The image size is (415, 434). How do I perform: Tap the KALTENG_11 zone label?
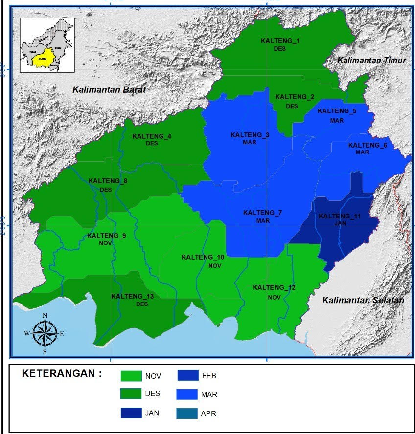[x=340, y=216]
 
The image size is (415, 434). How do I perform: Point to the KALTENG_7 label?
[x=263, y=213]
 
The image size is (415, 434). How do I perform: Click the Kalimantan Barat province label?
[x=109, y=89]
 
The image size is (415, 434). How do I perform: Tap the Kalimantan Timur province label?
[x=372, y=60]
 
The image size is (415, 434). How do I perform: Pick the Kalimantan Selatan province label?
[x=363, y=300]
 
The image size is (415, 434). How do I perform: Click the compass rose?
[x=45, y=334]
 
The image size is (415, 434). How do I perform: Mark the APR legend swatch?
[x=186, y=413]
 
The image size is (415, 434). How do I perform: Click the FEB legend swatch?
[x=186, y=376]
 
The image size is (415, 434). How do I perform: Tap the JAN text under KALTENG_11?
[x=339, y=223]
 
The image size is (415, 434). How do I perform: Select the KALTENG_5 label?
[x=337, y=111]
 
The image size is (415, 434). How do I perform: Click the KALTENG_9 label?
[x=107, y=236]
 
